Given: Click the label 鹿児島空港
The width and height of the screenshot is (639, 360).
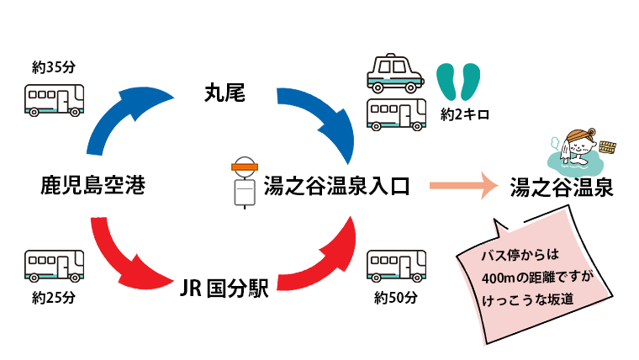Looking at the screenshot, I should tap(92, 186).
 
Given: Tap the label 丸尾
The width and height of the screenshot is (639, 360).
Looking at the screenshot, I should tap(224, 93).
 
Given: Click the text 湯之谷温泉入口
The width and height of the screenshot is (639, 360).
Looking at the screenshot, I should tap(335, 186).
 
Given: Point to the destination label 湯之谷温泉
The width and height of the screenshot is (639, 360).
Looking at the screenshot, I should tap(562, 188).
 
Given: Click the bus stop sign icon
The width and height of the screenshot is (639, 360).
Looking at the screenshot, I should tap(245, 183).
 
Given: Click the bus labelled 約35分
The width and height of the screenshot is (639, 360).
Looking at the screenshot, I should tap(55, 100).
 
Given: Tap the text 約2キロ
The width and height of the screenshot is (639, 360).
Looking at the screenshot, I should tap(465, 114).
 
